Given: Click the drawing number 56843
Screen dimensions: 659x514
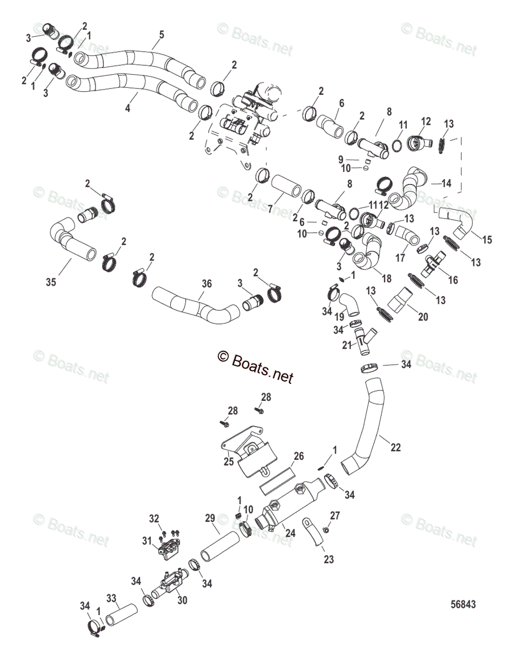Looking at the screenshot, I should tap(462, 604).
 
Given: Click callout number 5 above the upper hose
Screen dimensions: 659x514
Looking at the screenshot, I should tap(161, 34).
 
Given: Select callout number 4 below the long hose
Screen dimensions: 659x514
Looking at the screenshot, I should tap(128, 109).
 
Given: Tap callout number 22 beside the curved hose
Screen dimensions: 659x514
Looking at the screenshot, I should tap(395, 448).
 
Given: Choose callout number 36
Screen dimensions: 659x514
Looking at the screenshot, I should tap(206, 284).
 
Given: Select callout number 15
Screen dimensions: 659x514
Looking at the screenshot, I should tap(487, 239).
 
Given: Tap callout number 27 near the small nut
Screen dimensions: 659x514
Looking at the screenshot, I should tap(335, 515).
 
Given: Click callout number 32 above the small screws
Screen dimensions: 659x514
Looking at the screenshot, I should tap(154, 518).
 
